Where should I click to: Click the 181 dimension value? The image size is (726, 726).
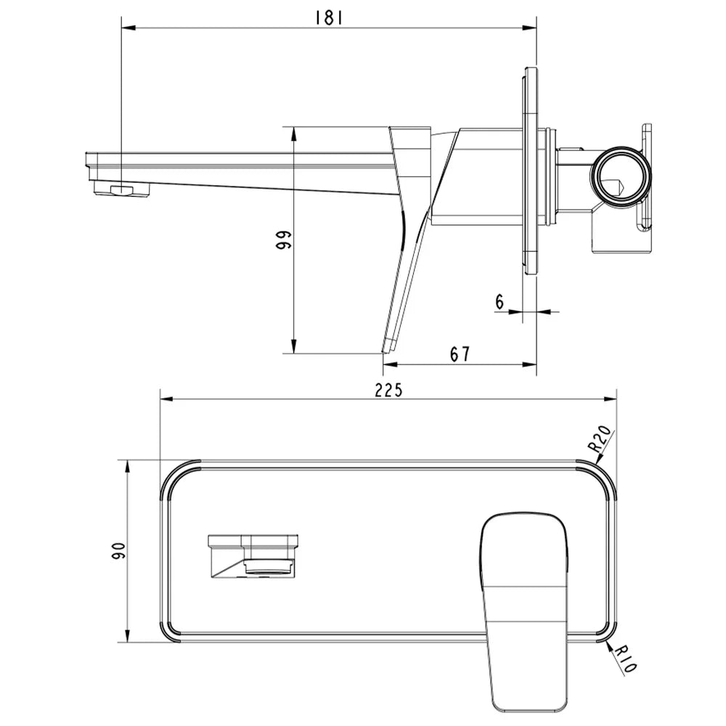coord(328,18)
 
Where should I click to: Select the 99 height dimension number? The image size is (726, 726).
coord(283,240)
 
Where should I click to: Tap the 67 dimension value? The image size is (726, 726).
coord(460,354)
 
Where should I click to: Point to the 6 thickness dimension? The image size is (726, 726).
coord(499,302)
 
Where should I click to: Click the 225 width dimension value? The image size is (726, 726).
coord(388,391)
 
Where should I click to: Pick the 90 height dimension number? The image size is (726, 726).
coord(118,550)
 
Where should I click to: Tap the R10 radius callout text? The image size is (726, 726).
coord(626,659)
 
